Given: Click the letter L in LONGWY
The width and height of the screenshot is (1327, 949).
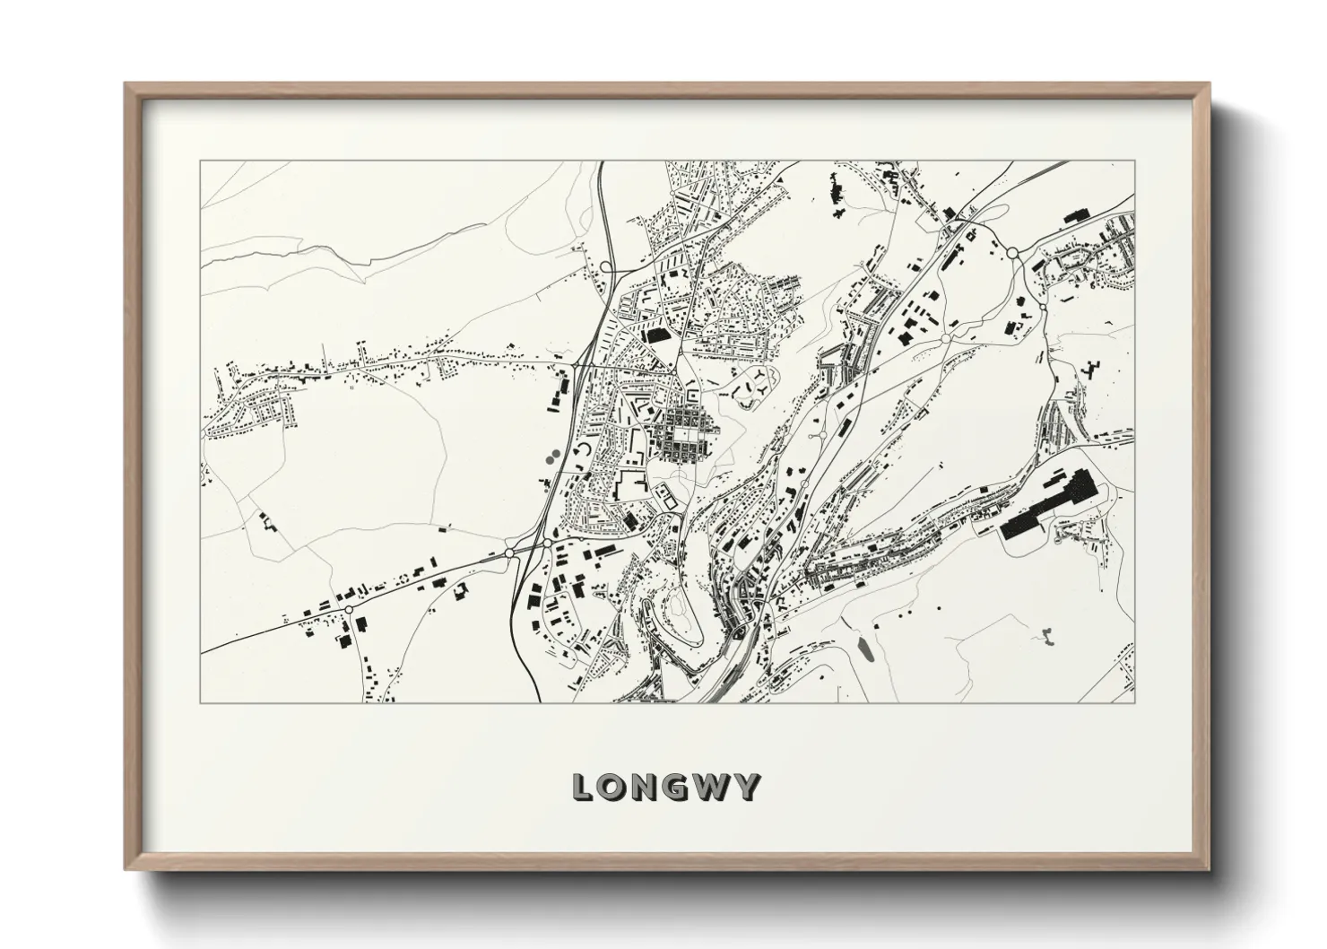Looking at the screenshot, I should pyautogui.click(x=584, y=788).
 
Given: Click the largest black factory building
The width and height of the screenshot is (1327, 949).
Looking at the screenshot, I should pyautogui.click(x=1050, y=507).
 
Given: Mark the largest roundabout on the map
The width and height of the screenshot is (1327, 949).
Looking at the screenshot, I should pyautogui.click(x=1012, y=254).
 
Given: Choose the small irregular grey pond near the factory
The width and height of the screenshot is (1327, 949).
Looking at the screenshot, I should pyautogui.click(x=1045, y=636).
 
